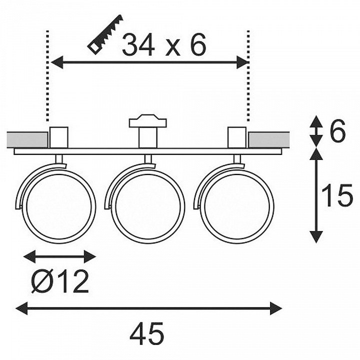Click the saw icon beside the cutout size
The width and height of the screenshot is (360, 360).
pos(105,35)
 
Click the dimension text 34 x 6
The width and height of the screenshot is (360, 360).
pos(164,45)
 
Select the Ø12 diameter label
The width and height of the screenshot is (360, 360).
pos(59,281)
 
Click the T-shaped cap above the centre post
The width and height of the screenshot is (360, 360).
pos(148,121)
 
